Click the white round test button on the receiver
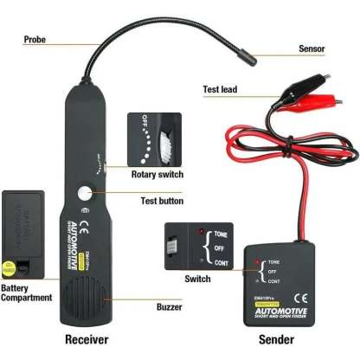pyautogui.click(x=87, y=196)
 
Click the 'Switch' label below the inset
pyautogui.click(x=198, y=279)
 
